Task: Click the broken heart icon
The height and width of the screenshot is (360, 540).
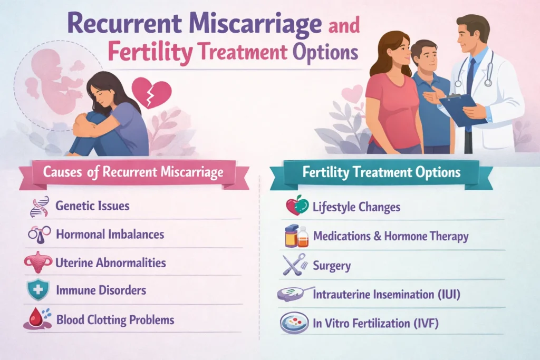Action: coord(151,92)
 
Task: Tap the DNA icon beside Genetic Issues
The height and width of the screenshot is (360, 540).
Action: coord(39,207)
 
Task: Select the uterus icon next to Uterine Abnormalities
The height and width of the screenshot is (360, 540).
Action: coord(38,262)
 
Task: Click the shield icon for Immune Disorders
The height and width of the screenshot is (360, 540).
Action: coord(38,289)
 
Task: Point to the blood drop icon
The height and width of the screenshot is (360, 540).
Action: coord(37,319)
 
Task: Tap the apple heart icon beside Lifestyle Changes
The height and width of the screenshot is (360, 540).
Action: coord(297,206)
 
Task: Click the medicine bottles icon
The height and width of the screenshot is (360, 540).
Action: coord(296,236)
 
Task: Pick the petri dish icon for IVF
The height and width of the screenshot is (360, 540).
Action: coord(294,323)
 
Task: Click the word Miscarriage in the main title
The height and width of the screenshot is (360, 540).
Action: coord(256,23)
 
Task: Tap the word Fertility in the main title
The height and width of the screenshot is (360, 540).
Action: coord(150,52)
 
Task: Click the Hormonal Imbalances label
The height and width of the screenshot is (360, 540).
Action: coord(110,235)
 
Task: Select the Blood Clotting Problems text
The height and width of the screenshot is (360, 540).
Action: coord(115,320)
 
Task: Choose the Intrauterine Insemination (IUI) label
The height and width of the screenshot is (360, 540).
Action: coord(387,295)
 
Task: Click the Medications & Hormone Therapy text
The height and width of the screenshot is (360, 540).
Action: coord(391,237)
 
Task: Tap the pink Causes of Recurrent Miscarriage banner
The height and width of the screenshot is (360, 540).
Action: coord(134,174)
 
